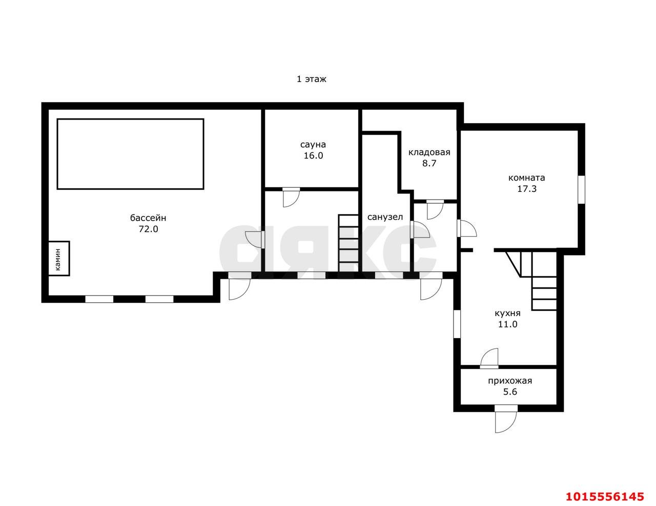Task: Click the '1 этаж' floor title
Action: pos(311,79)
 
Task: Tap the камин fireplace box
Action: pos(59,259)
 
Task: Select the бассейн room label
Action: pos(148,218)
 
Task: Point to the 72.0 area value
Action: pos(148,229)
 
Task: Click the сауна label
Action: pos(313,145)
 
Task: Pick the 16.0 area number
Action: pos(313,155)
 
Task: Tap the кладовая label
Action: pos(429,152)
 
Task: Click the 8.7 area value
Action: pos(429,164)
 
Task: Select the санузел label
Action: pos(385,217)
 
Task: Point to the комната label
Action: pos(527,178)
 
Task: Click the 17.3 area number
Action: pos(527,189)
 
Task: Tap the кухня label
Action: pos(507,314)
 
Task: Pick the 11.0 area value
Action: pos(508,324)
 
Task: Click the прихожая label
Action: pos(510,381)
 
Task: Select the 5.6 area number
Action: pos(510,392)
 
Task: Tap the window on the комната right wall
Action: pos(582,189)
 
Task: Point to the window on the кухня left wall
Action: pos(457,324)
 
